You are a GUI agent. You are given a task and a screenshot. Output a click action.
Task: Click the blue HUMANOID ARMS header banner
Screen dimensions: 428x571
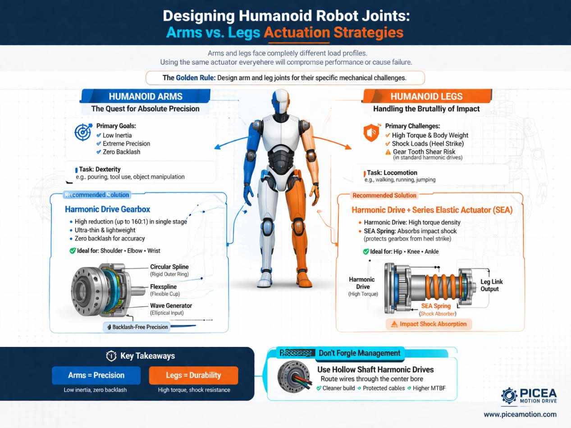tap(145, 96)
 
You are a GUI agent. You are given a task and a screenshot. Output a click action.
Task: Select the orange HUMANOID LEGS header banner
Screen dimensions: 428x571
tap(426, 96)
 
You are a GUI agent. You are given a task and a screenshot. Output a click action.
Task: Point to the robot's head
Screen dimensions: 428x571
tap(281, 102)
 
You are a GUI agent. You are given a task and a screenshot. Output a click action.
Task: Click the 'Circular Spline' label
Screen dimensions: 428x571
tap(169, 267)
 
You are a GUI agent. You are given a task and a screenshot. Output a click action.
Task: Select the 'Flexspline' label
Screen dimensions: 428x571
tap(163, 287)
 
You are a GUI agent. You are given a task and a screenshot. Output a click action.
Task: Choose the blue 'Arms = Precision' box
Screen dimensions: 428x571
tap(96, 375)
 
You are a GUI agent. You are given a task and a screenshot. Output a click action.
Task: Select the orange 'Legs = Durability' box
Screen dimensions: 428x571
tap(193, 375)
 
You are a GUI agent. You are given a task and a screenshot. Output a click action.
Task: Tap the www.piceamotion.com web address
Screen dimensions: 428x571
tap(520, 414)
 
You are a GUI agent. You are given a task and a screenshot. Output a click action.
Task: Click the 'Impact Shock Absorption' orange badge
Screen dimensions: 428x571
tap(428, 324)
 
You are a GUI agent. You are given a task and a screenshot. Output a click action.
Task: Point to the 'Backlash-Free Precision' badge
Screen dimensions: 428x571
tap(137, 327)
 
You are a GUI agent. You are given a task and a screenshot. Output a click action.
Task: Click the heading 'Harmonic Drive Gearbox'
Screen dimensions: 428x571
tap(107, 209)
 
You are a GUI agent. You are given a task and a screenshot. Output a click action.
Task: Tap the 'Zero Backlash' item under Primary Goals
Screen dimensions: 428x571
tap(121, 152)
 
